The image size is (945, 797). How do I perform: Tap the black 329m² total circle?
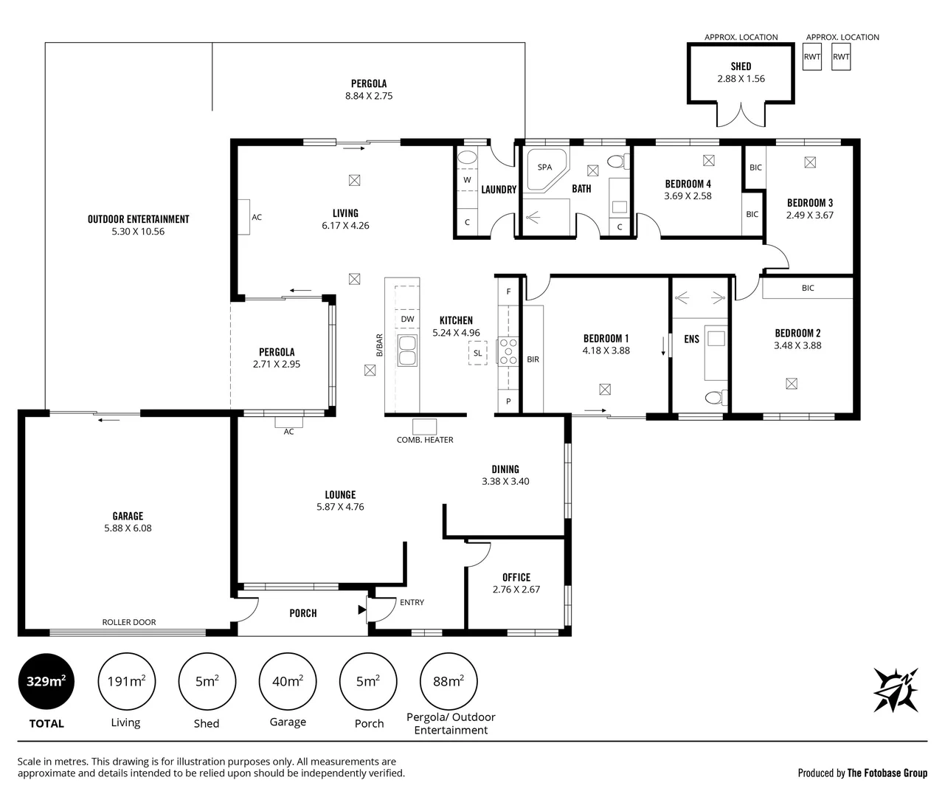pos(46,681)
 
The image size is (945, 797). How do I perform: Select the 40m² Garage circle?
pos(288,681)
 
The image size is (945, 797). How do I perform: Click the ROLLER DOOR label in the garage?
pos(129,622)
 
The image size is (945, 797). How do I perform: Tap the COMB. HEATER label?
pos(425,440)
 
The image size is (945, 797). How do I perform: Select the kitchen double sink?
pos(406,351)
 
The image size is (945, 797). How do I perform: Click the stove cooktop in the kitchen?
pos(508,351)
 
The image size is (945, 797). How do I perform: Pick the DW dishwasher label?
pos(407,319)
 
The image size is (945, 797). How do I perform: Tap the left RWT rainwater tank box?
pos(812,57)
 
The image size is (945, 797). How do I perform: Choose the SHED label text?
pos(741,66)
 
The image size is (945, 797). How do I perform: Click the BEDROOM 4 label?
pos(688,184)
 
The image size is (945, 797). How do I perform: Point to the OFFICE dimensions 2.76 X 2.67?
pos(516,589)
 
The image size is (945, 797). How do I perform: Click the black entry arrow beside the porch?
pos(361,610)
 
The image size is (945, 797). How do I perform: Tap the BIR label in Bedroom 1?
pos(533,359)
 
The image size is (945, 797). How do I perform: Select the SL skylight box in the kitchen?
pos(477,353)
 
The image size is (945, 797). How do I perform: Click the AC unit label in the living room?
pos(257,217)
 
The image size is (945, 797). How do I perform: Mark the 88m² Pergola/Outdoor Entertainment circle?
pos(448,681)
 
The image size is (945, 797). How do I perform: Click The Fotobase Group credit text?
pos(887,773)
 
